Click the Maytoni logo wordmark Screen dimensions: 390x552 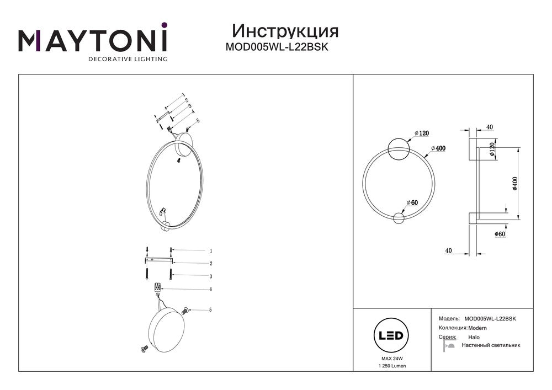93,41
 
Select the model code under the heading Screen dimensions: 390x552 277,47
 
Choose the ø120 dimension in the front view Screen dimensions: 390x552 421,133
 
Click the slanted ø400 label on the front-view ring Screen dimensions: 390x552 437,148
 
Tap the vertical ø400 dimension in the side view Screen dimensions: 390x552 514,183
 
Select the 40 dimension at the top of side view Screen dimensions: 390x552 489,127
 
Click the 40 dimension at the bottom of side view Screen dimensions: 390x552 449,251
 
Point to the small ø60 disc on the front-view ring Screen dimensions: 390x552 398,218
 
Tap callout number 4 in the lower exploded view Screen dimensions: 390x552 210,289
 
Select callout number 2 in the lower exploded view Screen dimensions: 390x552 210,264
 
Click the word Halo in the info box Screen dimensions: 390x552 474,337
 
